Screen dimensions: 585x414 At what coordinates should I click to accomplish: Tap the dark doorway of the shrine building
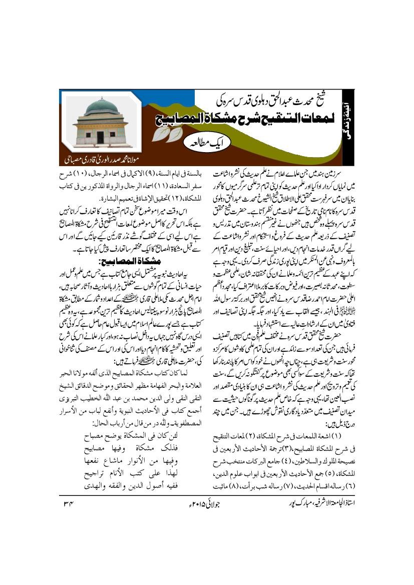pos(100,137)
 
